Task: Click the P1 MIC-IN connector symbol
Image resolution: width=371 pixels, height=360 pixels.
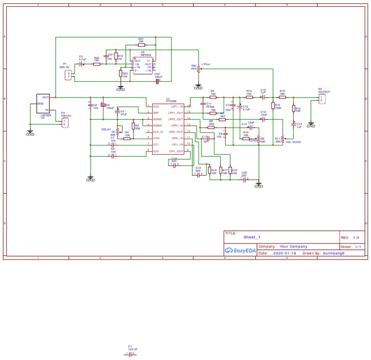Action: pos(68,74)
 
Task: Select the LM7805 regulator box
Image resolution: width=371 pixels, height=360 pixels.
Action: pos(43,103)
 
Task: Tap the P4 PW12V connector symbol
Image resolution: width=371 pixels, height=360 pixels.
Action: pos(65,123)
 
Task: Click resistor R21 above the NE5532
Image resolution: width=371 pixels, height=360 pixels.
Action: pos(141,44)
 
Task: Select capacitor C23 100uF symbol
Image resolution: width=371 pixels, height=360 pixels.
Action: pos(157,81)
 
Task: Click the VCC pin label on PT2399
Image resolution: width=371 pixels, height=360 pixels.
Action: pos(156,106)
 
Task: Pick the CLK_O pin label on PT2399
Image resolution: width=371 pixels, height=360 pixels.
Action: pos(158,132)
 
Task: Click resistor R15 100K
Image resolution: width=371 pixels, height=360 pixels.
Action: pos(273,105)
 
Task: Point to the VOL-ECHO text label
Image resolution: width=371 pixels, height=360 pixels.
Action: pos(293,142)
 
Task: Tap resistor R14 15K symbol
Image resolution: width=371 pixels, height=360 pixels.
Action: pos(249,97)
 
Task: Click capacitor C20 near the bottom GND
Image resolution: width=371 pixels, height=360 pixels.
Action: pos(244,179)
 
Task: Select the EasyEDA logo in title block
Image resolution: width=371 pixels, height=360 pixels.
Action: pos(240,250)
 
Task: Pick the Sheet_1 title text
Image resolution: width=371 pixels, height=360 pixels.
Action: pos(252,237)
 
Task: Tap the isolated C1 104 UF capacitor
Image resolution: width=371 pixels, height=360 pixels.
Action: pos(129,354)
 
